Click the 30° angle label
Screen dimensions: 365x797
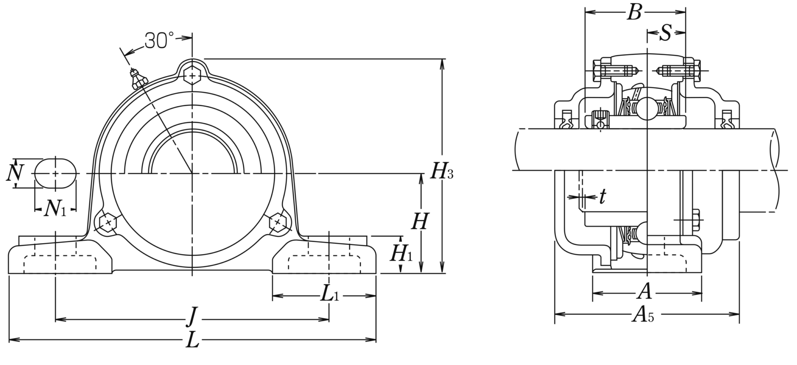click(159, 40)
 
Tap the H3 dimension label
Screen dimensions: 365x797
click(441, 171)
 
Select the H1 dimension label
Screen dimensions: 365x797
click(401, 254)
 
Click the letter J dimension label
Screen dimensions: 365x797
click(191, 317)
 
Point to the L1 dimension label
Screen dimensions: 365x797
click(330, 295)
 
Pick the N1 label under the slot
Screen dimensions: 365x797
click(55, 209)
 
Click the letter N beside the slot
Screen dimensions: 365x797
click(15, 173)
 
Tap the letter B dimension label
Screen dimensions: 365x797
click(634, 12)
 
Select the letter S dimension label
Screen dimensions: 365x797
click(666, 33)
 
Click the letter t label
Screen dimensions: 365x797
click(602, 197)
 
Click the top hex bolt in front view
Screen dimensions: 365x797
click(192, 74)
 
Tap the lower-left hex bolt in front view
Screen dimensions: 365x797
click(108, 222)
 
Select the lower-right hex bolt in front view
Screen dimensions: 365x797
click(278, 222)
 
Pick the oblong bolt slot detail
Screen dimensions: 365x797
click(56, 173)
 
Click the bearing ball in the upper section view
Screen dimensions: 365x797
click(646, 109)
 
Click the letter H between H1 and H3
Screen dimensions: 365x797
click(420, 222)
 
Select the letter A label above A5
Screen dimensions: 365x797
click(644, 291)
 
